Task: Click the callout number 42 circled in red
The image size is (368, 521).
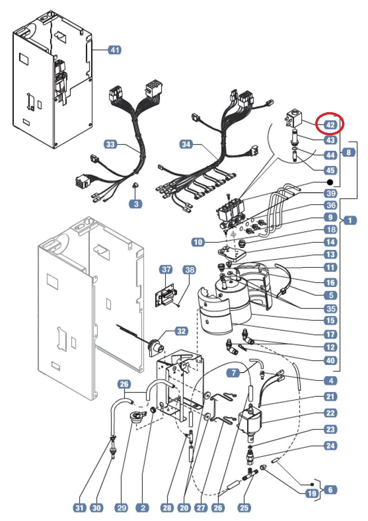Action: pyautogui.click(x=330, y=124)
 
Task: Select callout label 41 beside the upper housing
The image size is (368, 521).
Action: pyautogui.click(x=114, y=50)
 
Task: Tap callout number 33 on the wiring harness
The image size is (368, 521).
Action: pyautogui.click(x=110, y=145)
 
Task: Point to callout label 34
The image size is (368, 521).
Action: pyautogui.click(x=186, y=145)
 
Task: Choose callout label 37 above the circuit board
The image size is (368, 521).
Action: pyautogui.click(x=166, y=269)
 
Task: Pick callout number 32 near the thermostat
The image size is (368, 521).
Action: pyautogui.click(x=181, y=331)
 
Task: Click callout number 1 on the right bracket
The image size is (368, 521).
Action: pyautogui.click(x=350, y=221)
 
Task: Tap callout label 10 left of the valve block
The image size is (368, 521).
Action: pyautogui.click(x=198, y=241)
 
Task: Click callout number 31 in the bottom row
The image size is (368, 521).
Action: pyautogui.click(x=80, y=508)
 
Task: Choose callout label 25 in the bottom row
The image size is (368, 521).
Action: pyautogui.click(x=244, y=508)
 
